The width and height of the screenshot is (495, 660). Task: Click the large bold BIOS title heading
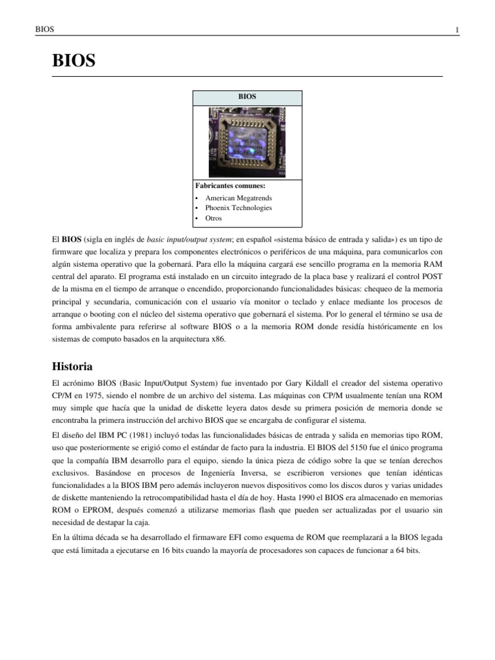pyautogui.click(x=73, y=61)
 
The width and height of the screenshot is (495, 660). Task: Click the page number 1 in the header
pyautogui.click(x=456, y=30)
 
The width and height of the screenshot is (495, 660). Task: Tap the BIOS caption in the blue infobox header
pyautogui.click(x=247, y=97)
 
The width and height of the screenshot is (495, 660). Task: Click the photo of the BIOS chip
pyautogui.click(x=247, y=142)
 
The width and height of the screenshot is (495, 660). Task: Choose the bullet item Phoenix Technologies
pyautogui.click(x=238, y=208)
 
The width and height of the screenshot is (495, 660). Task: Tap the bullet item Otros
pyautogui.click(x=213, y=218)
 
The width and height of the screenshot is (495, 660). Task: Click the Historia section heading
pyautogui.click(x=72, y=366)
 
